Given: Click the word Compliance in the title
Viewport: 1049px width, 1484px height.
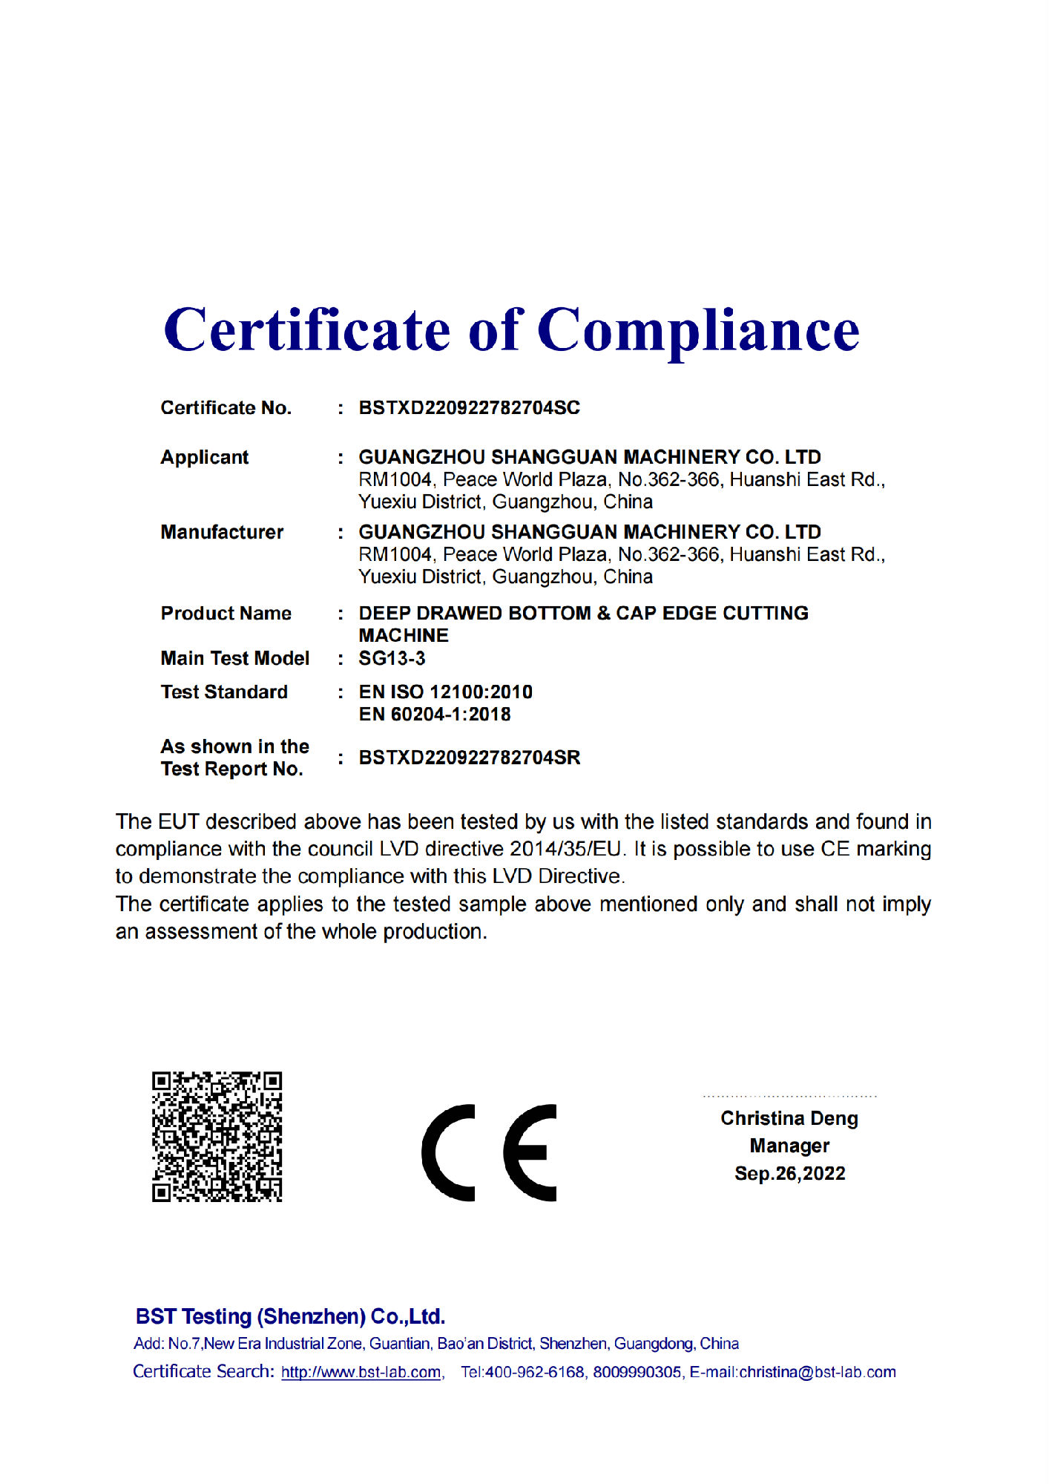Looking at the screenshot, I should point(698,332).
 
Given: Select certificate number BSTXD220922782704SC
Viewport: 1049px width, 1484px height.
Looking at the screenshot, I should point(469,408).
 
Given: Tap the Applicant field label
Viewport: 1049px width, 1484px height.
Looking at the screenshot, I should point(205,457).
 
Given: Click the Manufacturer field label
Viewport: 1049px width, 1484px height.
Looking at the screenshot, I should point(222,532).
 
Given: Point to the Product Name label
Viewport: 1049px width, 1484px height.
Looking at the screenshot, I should point(226,614).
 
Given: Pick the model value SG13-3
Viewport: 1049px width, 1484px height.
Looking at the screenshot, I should point(392,658).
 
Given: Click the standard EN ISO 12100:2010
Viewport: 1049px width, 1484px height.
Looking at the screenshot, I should point(445,692).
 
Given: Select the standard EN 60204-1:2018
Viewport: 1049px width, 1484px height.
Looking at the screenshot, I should point(435,715).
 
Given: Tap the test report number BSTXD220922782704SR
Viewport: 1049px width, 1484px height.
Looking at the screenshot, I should point(469,758).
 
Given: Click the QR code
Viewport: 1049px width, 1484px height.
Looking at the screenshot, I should point(217,1137).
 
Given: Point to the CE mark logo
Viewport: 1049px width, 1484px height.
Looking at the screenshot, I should point(489,1152).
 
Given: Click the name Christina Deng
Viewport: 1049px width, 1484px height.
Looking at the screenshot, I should point(789,1118).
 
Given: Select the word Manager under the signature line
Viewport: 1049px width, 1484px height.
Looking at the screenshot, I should point(789,1146).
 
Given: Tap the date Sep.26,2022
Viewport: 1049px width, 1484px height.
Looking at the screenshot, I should point(789,1173).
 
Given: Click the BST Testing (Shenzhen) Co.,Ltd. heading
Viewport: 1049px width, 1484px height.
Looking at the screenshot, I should point(290,1316).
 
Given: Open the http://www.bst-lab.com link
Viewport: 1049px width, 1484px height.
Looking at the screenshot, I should point(361,1372).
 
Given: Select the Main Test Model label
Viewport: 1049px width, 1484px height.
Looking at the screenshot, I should point(234,658).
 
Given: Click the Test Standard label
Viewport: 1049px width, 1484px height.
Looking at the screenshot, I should point(224,692).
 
